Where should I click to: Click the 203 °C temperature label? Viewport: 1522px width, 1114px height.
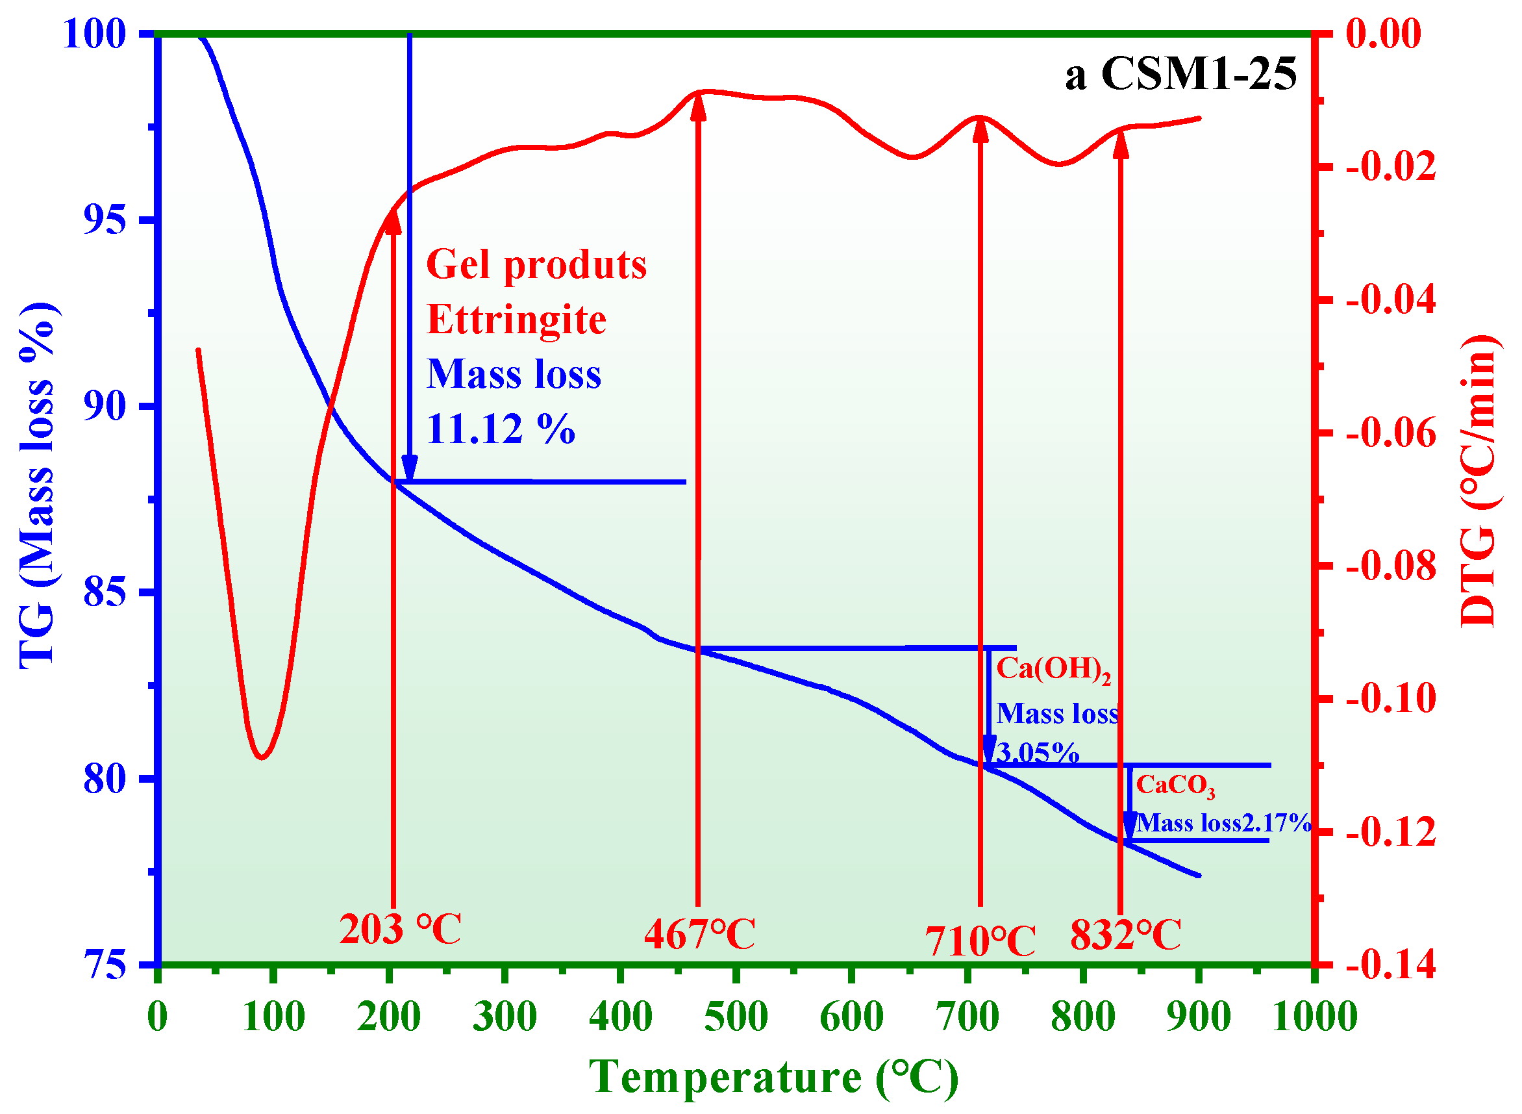[x=400, y=930]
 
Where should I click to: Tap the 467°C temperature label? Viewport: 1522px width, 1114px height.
[x=700, y=935]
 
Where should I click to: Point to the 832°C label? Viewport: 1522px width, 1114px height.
[x=1126, y=935]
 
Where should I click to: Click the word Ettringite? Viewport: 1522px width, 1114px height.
[x=516, y=319]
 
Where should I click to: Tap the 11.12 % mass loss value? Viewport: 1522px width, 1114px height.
[x=501, y=428]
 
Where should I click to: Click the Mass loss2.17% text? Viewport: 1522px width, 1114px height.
[x=1223, y=824]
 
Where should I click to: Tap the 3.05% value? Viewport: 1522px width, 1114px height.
[x=1038, y=753]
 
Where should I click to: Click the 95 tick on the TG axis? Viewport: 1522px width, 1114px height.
[x=105, y=220]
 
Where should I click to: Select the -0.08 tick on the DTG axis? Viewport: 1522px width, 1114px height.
[x=1391, y=566]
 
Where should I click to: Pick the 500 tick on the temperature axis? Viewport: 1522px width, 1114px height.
[x=736, y=1017]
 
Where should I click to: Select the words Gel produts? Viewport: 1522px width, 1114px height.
[x=536, y=264]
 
